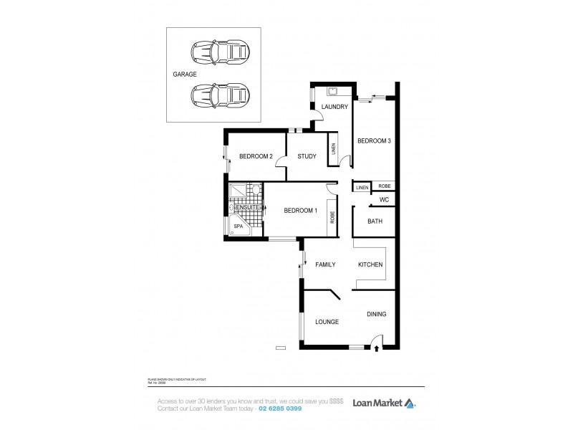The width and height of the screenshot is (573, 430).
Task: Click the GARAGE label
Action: point(185,74)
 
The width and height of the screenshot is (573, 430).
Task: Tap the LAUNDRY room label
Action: point(334,107)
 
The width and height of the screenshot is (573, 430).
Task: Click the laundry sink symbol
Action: point(333,91)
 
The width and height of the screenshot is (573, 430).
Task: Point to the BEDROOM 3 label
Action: point(374,141)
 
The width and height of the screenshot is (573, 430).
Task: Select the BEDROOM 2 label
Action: point(256,156)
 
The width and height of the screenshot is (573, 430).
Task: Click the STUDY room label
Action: point(307,156)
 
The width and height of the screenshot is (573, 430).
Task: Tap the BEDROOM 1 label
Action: point(300,210)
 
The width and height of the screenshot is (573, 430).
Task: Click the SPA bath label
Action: point(238,226)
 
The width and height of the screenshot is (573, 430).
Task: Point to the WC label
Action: point(384,200)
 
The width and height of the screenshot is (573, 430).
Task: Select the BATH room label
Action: point(375,221)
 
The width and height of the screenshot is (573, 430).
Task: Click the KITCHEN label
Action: point(370,265)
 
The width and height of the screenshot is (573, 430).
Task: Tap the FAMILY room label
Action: point(326,265)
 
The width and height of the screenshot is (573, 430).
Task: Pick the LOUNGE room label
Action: point(327,322)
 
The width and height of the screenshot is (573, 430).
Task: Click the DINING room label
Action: point(377,314)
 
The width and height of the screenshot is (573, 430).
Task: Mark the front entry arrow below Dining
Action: point(377,350)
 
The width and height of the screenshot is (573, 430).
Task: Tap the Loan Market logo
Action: point(383,402)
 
